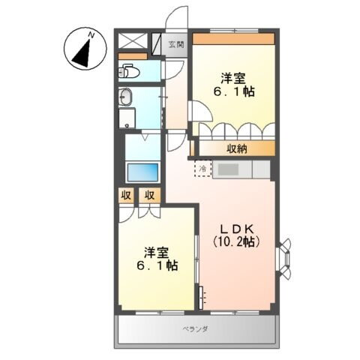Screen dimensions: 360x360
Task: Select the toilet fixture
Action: [x=128, y=73]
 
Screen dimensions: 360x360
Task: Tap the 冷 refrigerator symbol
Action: [x=203, y=169]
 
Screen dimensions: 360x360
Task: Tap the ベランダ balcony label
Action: [x=195, y=329]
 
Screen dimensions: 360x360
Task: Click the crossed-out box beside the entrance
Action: [x=133, y=42]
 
